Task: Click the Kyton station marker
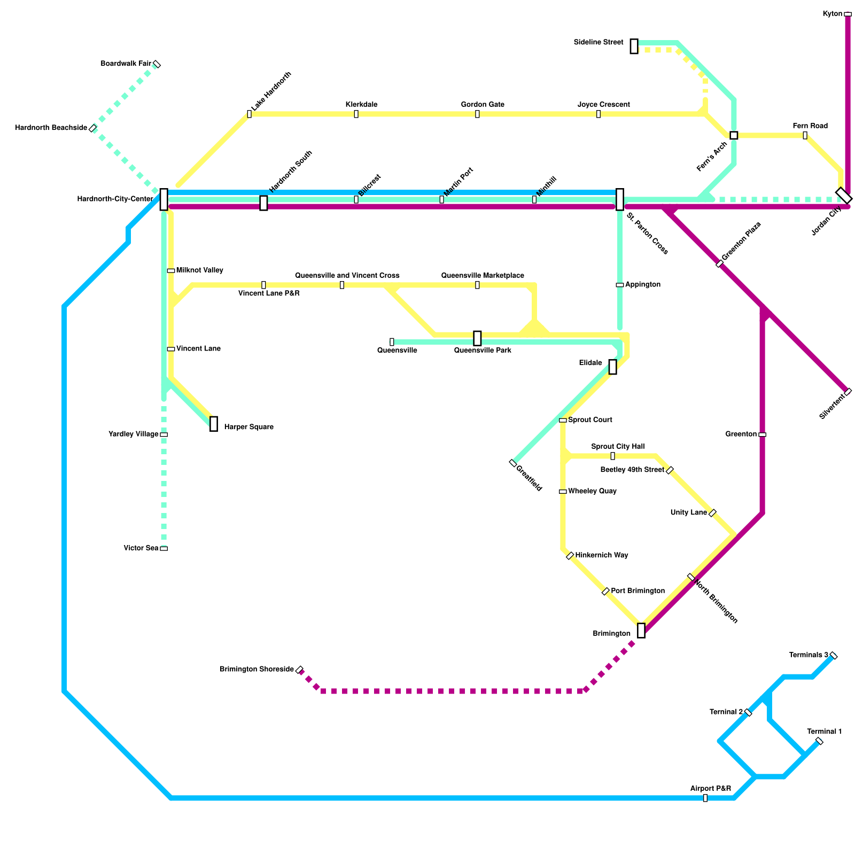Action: click(x=848, y=14)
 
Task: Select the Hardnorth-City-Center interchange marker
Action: click(x=164, y=199)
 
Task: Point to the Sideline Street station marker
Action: click(x=634, y=46)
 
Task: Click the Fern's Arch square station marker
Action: click(x=734, y=135)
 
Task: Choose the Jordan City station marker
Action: click(x=844, y=196)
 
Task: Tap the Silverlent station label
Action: click(x=832, y=407)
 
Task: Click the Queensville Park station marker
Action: click(x=477, y=338)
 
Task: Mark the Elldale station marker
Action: click(x=612, y=367)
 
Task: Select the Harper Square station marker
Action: click(x=214, y=424)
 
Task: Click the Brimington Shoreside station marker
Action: click(x=299, y=670)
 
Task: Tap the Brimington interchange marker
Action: click(x=641, y=631)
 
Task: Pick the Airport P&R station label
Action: click(x=710, y=789)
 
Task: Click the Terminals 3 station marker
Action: click(x=834, y=656)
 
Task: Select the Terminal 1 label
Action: click(x=824, y=732)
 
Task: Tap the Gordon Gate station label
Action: click(x=483, y=105)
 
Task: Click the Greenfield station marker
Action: click(x=513, y=463)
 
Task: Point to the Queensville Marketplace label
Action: click(x=483, y=276)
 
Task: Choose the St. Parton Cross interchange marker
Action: click(x=620, y=199)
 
